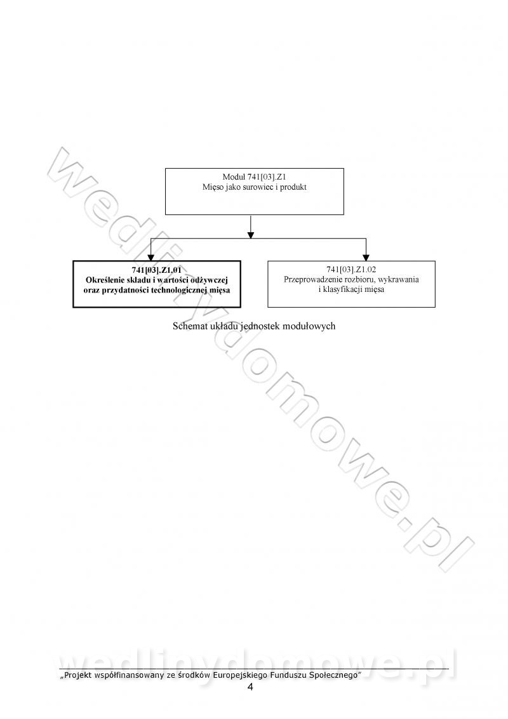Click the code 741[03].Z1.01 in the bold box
click(156, 270)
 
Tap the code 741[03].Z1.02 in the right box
click(351, 270)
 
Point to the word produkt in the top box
click(293, 187)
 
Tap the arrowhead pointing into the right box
click(366, 257)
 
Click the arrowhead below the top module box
click(251, 234)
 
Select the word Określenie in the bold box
click(104, 280)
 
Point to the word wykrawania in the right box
click(399, 280)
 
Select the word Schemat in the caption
click(188, 326)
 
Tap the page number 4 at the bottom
click(250, 687)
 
